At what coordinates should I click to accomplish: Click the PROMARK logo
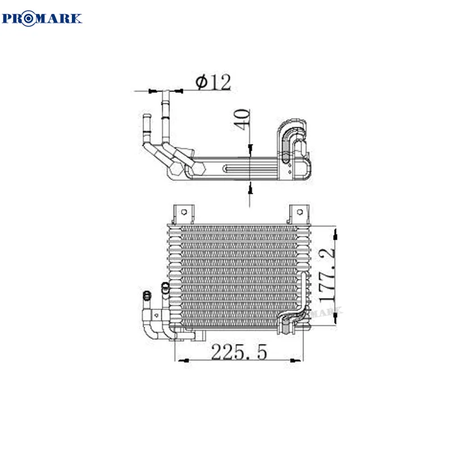[x=43, y=18]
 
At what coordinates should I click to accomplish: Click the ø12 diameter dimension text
[x=213, y=82]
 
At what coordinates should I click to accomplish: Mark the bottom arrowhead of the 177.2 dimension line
[x=336, y=320]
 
